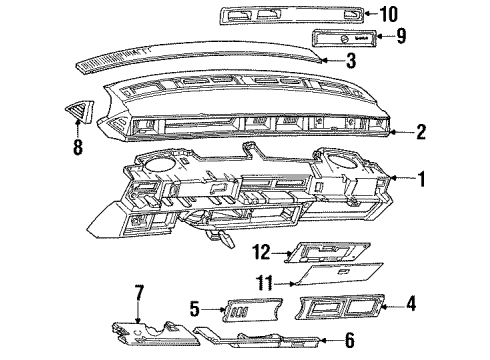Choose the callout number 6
349,341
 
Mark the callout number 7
140,292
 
